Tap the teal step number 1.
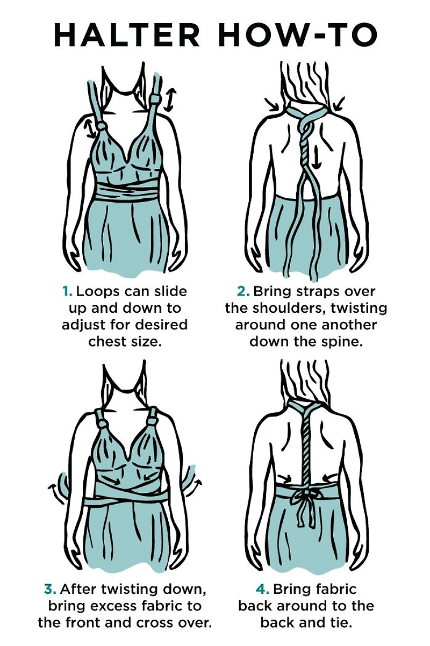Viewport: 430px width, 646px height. [x=67, y=292]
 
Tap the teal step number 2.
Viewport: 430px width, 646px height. [x=243, y=292]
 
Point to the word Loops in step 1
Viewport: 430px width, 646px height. [x=97, y=292]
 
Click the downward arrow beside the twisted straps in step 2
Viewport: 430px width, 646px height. [x=317, y=156]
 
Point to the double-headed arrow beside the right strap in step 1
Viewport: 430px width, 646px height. [x=170, y=100]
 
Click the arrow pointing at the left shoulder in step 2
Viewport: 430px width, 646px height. [x=271, y=105]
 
